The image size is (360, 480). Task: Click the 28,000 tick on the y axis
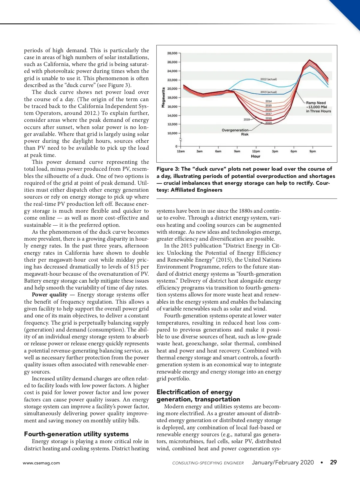[x=172, y=53]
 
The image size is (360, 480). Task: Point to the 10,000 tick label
[x=172, y=133]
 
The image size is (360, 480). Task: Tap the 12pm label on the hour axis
[x=256, y=151]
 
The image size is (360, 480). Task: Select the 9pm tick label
[x=313, y=151]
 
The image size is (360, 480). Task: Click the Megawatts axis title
[x=163, y=97]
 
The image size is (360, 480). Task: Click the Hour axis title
[x=256, y=156]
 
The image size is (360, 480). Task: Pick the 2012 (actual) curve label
[x=268, y=79]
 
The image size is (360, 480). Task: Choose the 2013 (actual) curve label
[x=268, y=92]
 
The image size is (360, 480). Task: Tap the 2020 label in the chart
[x=268, y=123]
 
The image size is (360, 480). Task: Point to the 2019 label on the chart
[x=247, y=119]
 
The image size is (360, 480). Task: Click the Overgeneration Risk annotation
[x=235, y=132]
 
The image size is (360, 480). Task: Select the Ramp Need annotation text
[x=318, y=107]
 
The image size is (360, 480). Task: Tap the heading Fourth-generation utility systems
[x=76, y=434]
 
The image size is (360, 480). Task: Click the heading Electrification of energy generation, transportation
[x=198, y=396]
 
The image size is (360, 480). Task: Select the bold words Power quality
[x=49, y=295]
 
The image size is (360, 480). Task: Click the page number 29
[x=333, y=462]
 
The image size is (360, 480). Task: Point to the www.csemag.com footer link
[x=41, y=463]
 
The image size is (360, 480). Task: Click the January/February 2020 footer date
[x=283, y=462]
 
